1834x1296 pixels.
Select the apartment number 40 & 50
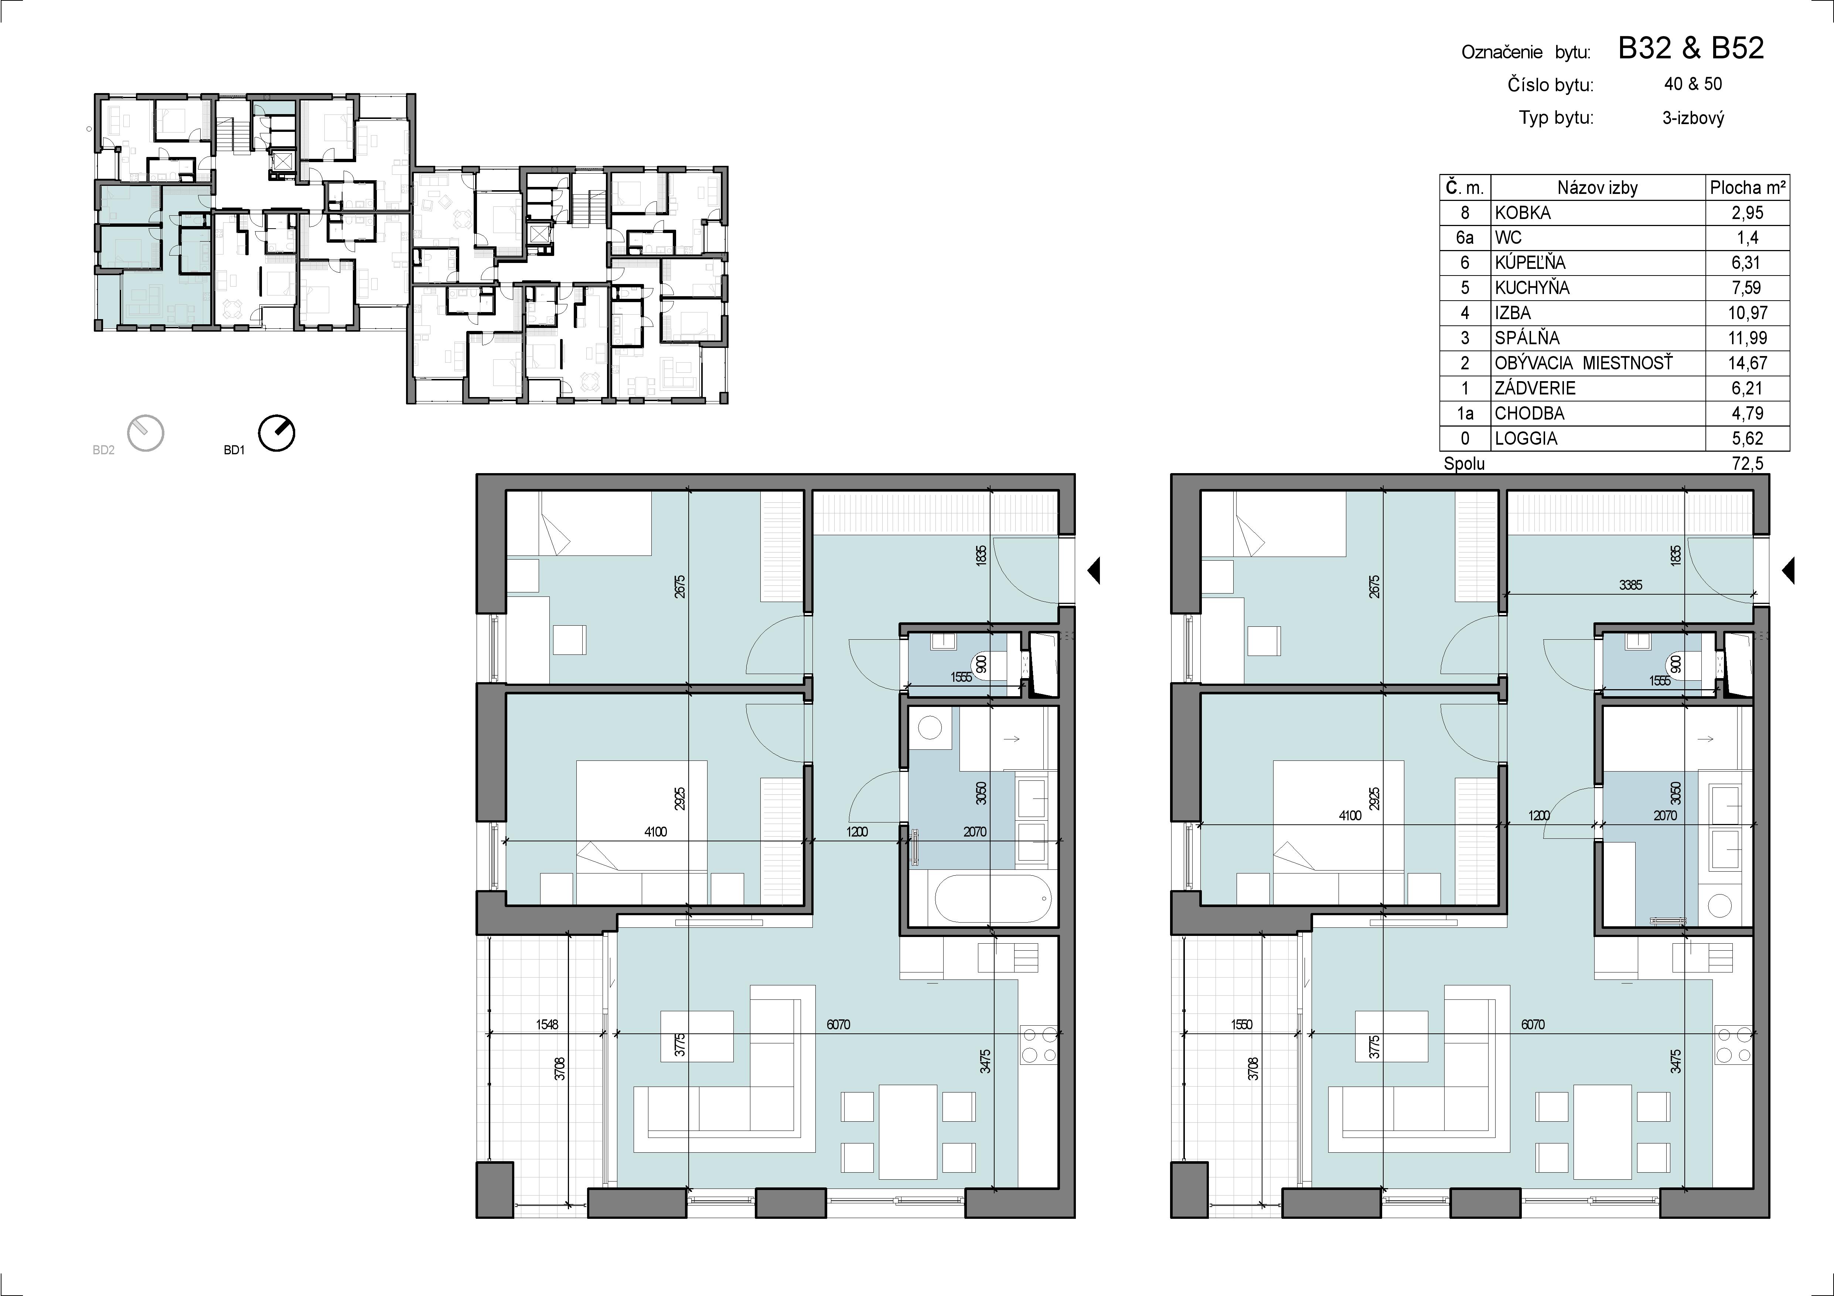pyautogui.click(x=1692, y=84)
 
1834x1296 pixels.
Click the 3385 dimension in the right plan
pyautogui.click(x=1630, y=585)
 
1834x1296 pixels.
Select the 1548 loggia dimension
pyautogui.click(x=547, y=1025)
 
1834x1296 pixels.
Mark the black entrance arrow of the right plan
pyautogui.click(x=1789, y=571)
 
